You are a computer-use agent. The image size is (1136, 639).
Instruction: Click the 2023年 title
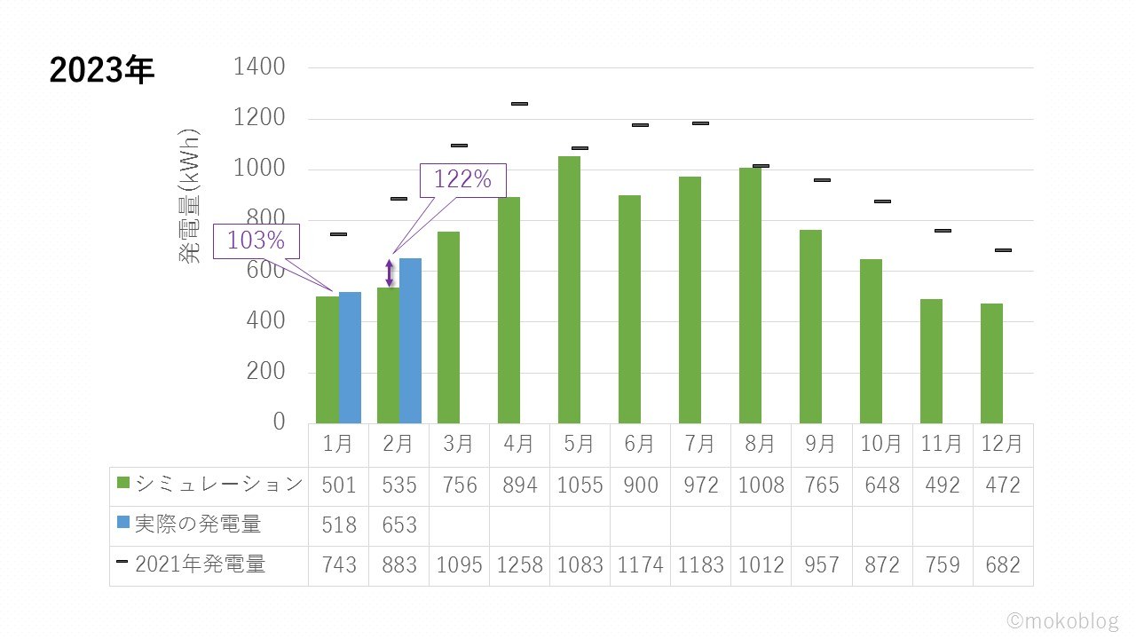pos(102,70)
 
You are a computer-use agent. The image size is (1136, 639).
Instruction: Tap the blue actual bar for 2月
pos(410,340)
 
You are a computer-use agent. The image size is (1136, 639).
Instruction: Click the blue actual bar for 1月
pos(350,357)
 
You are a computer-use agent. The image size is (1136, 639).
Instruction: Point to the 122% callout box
pos(462,180)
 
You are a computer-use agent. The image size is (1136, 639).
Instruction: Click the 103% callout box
pos(256,241)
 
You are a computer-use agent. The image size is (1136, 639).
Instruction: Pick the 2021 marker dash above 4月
pos(519,104)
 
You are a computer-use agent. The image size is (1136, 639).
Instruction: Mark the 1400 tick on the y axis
pos(258,67)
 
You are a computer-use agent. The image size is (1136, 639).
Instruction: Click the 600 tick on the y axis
pos(266,271)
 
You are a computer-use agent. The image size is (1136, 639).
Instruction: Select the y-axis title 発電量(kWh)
pos(190,195)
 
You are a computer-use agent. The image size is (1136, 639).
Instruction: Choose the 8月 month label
pos(761,443)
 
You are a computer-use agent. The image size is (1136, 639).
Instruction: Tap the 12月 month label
pos(1003,443)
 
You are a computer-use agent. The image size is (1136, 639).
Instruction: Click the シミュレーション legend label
pos(218,485)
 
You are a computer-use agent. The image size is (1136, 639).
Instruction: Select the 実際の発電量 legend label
pos(198,525)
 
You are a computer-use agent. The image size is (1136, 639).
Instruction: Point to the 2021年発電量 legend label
pos(200,564)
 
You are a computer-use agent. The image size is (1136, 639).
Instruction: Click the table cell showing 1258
pos(519,565)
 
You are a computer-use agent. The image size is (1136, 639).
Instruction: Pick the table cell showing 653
pos(399,525)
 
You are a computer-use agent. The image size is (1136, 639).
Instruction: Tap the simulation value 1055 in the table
pos(580,485)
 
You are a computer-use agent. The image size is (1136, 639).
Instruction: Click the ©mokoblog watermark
pos(1062,621)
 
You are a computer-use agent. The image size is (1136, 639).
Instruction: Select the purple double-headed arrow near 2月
pos(389,272)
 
